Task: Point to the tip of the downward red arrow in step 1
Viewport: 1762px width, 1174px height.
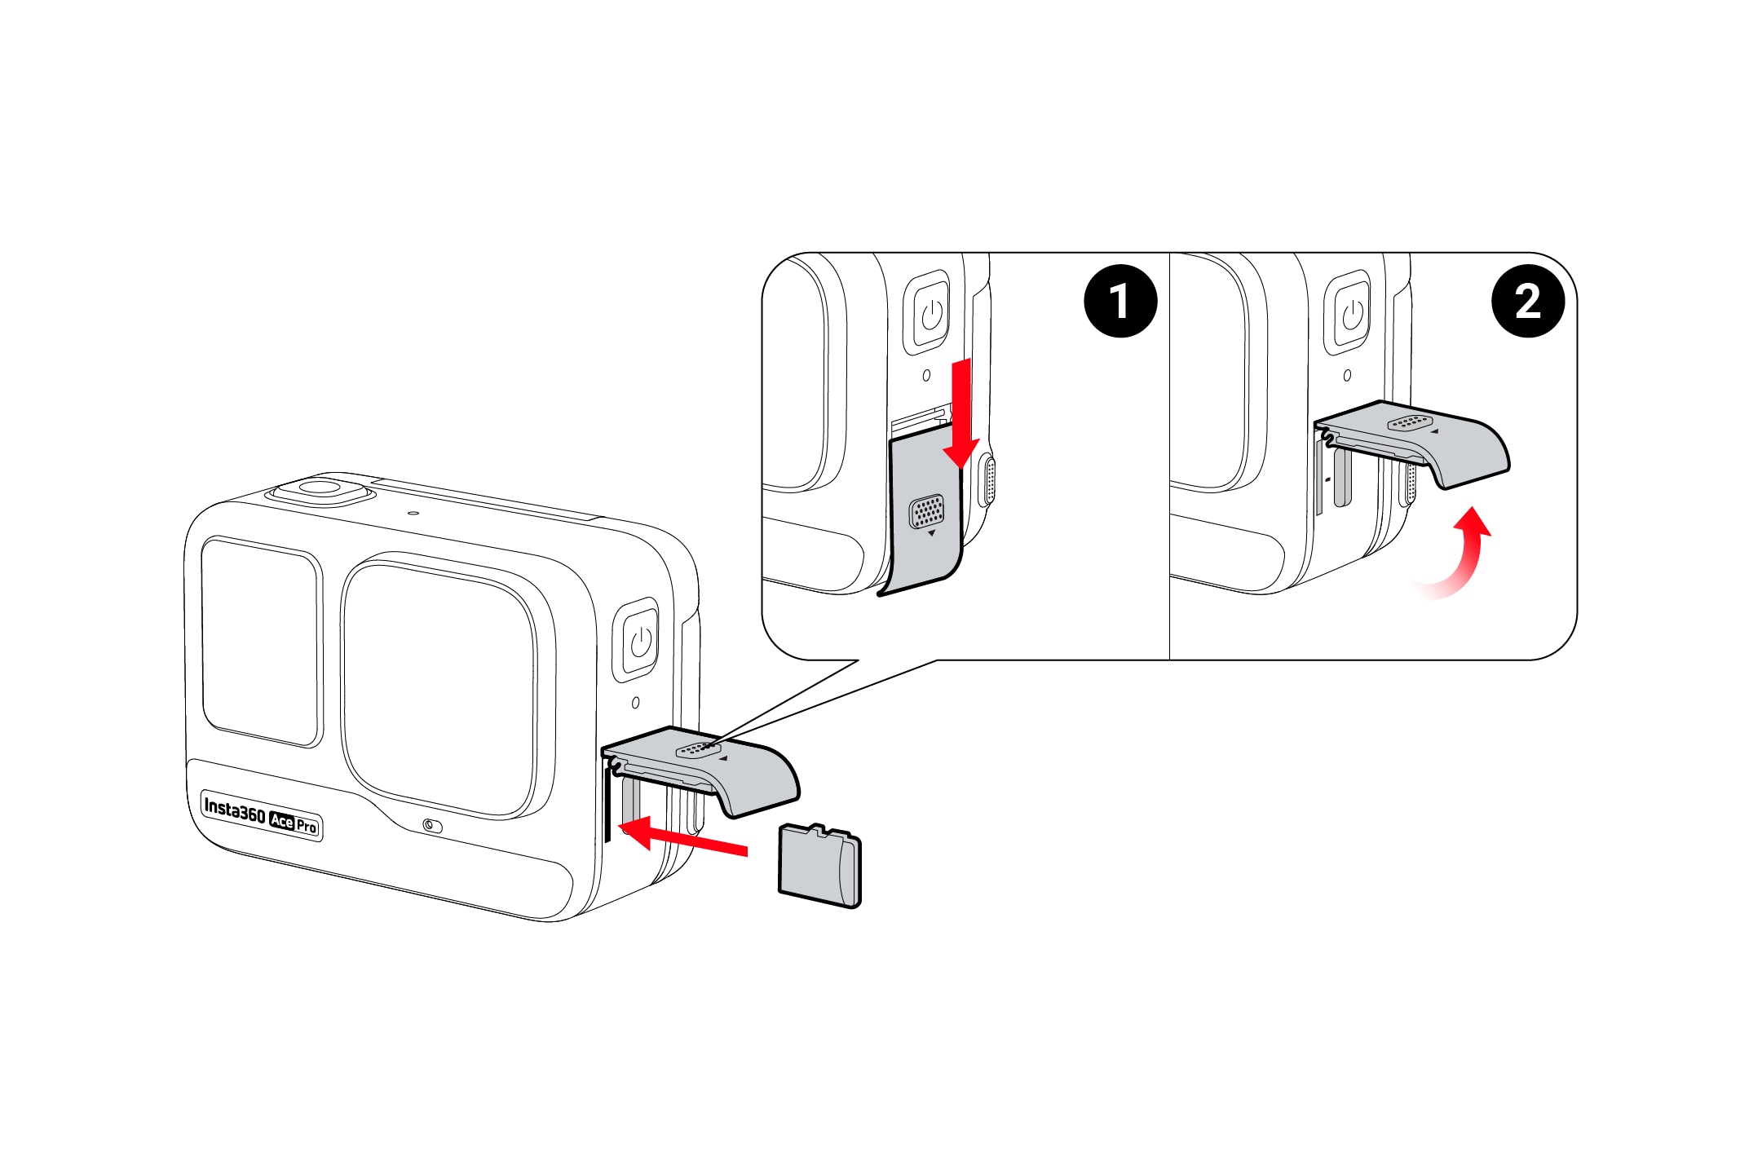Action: click(x=961, y=470)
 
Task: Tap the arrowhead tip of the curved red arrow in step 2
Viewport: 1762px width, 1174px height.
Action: click(x=1473, y=507)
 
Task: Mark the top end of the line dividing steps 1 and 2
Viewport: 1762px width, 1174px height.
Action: click(x=1169, y=253)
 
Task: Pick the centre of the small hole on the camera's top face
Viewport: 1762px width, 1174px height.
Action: click(x=413, y=514)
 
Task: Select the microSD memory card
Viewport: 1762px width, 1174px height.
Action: click(x=819, y=865)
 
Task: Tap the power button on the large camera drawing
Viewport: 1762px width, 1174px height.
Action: click(x=641, y=640)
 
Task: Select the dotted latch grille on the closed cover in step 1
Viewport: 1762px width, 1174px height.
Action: click(x=926, y=511)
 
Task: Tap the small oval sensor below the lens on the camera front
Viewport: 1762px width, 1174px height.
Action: click(x=433, y=826)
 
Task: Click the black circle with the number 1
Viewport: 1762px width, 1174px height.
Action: click(x=1120, y=301)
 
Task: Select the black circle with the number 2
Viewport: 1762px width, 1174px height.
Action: click(x=1528, y=301)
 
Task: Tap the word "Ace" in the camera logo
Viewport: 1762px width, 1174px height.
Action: click(x=281, y=821)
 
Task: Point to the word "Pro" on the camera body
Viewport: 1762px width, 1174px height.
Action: click(x=307, y=826)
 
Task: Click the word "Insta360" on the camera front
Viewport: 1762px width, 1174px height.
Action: click(x=234, y=810)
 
